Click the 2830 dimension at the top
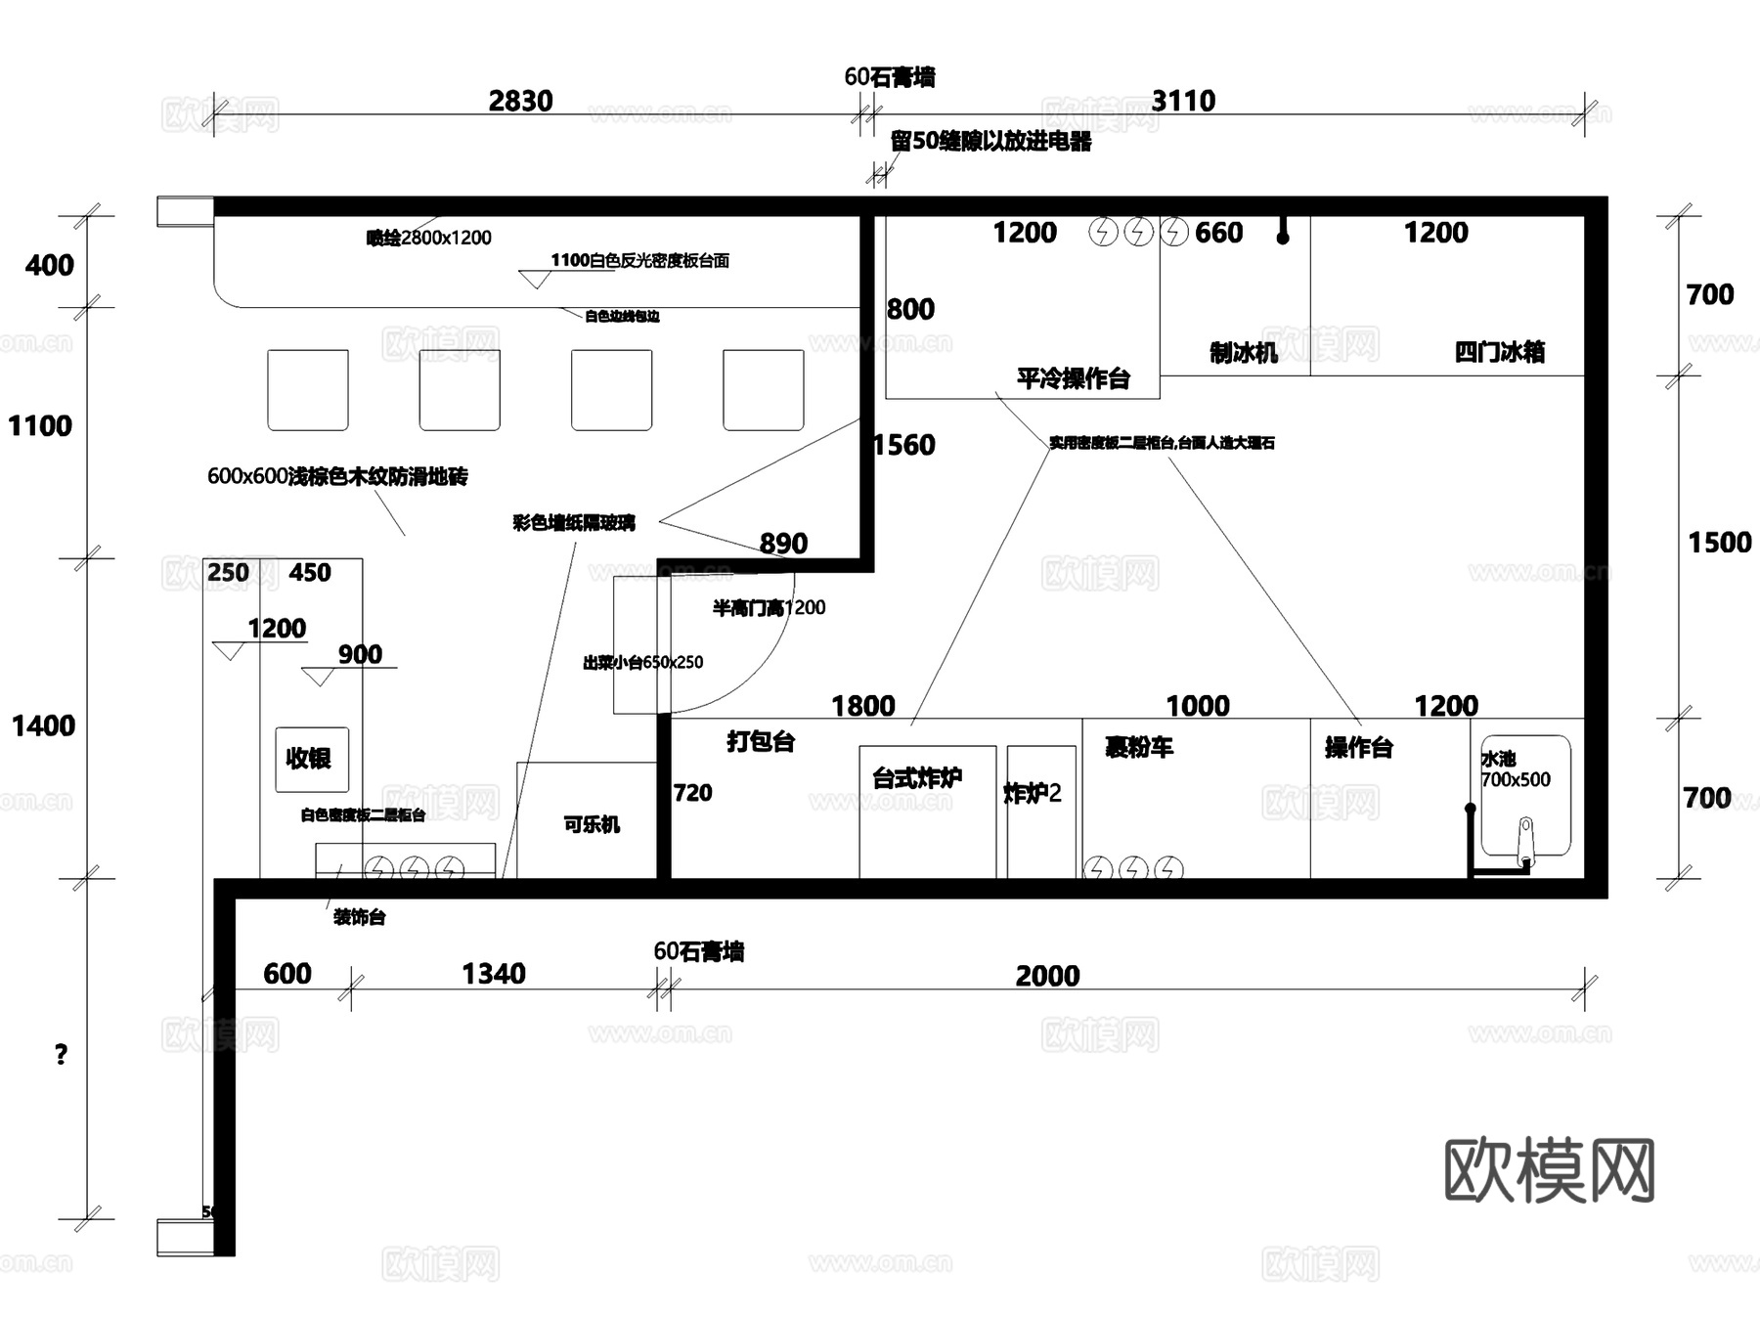[x=520, y=101]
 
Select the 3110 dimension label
[x=1183, y=101]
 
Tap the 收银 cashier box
[x=311, y=759]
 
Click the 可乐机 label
[x=592, y=824]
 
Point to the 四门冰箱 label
[x=1499, y=352]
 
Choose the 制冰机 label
[x=1243, y=353]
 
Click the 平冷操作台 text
[x=1073, y=378]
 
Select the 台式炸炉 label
[x=916, y=778]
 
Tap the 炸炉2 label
[x=1032, y=793]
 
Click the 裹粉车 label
[x=1138, y=748]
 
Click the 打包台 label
[x=761, y=741]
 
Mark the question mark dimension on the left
[x=61, y=1054]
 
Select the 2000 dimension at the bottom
[x=1047, y=976]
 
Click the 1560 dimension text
[x=904, y=446]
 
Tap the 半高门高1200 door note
[x=769, y=608]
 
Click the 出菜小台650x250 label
[x=642, y=663]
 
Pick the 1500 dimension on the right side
[x=1719, y=543]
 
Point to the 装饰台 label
[x=359, y=917]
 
